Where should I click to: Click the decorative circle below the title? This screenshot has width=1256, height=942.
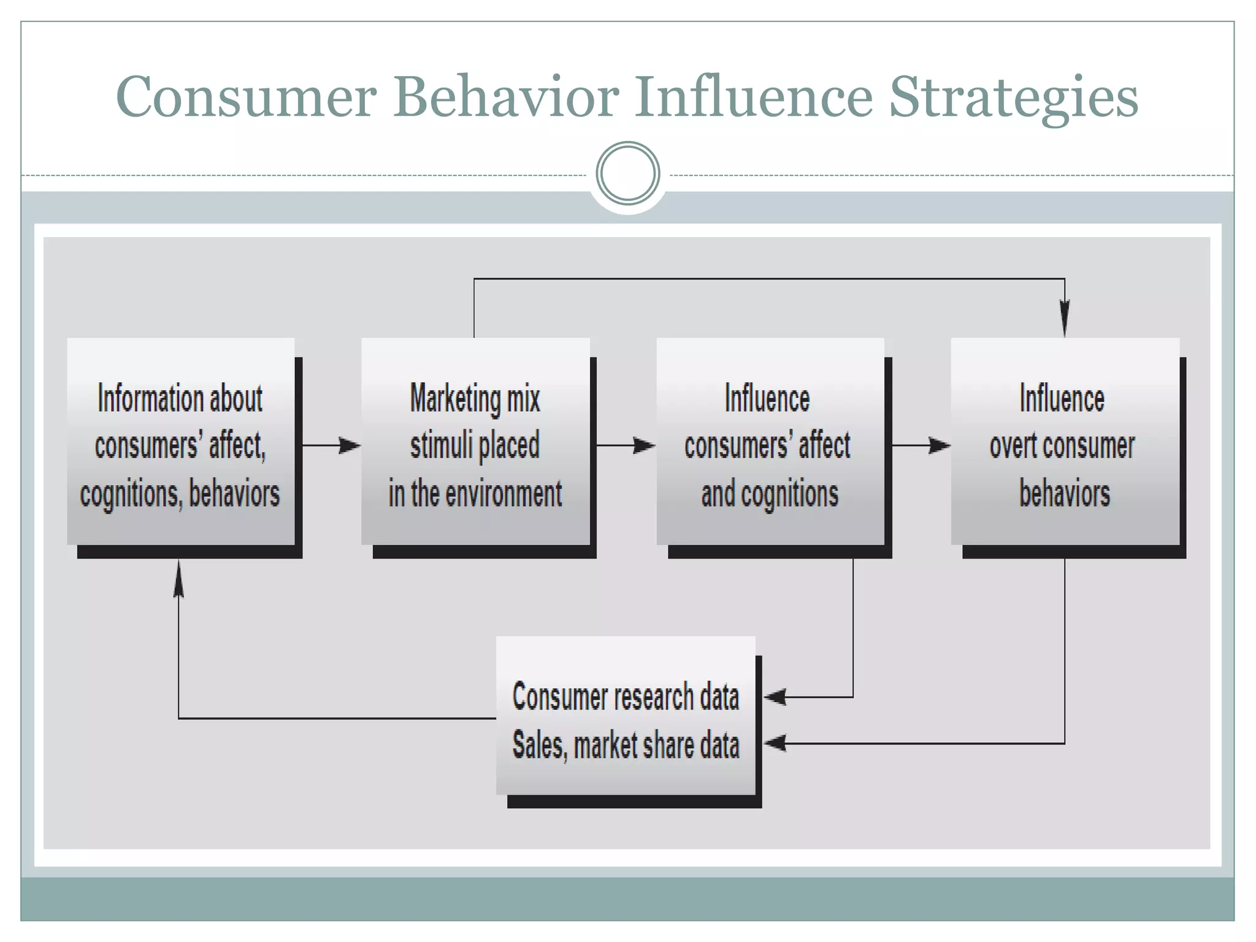627,174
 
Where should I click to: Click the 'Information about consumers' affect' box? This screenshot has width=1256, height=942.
181,442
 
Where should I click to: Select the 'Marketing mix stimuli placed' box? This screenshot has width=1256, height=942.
475,442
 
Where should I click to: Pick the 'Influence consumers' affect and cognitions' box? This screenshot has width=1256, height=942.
770,442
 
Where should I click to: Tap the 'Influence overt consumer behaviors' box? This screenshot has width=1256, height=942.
1065,442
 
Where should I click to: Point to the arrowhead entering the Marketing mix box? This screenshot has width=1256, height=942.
350,445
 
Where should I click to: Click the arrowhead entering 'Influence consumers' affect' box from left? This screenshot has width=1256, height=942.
644,445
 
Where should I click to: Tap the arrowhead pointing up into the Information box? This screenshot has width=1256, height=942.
178,580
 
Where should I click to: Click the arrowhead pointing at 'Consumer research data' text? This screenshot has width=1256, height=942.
776,697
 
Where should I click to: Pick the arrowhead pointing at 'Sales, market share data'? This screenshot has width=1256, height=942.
776,743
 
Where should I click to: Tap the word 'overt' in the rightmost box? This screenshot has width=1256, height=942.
1013,446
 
